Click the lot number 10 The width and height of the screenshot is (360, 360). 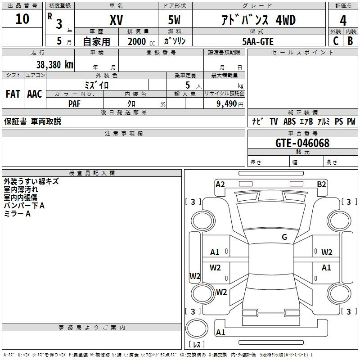(x=22, y=19)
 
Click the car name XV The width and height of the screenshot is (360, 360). (x=117, y=20)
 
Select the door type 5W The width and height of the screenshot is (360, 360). (x=174, y=20)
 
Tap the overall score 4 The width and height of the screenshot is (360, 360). (x=343, y=21)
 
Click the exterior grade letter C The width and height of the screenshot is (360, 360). (x=336, y=41)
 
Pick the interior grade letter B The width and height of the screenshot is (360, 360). (x=350, y=41)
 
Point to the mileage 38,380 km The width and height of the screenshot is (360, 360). (x=54, y=65)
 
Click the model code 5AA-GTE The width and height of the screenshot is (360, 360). (x=258, y=41)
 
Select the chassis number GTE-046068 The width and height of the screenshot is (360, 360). (x=302, y=143)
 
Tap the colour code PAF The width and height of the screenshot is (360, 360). (x=74, y=104)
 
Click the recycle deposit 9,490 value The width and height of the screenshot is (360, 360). (x=226, y=104)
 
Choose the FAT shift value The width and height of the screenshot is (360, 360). (x=13, y=94)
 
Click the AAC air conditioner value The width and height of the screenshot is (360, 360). (x=35, y=94)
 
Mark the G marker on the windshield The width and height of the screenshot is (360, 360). (x=284, y=237)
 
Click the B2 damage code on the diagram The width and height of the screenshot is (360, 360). (x=321, y=184)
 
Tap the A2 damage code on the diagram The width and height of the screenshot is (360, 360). (x=220, y=184)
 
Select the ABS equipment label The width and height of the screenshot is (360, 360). (x=289, y=121)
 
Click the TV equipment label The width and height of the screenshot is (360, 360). (x=274, y=121)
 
